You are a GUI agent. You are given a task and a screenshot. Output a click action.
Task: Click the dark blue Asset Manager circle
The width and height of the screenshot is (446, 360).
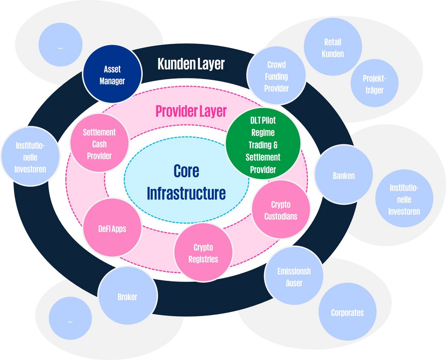tap(112, 74)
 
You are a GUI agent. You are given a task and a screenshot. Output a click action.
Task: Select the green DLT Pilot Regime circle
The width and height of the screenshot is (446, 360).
tap(263, 143)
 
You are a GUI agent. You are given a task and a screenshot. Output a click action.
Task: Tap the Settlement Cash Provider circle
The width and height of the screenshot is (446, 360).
tap(99, 143)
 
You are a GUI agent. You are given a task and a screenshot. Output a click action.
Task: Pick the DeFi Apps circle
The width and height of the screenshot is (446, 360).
tap(112, 227)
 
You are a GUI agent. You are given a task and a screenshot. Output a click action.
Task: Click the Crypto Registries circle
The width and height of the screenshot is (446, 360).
tap(203, 252)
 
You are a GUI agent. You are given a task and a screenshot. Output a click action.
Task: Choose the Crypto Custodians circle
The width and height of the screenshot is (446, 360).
tap(281, 210)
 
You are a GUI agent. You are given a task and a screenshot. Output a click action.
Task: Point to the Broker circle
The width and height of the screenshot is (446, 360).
tap(127, 296)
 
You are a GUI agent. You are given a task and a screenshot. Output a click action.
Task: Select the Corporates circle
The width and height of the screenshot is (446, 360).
tap(348, 312)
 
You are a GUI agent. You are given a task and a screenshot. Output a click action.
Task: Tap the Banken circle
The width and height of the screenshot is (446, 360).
tap(344, 175)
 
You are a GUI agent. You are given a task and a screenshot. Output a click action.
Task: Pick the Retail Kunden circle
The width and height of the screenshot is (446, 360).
tap(333, 47)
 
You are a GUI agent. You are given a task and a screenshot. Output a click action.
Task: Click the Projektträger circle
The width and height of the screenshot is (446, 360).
tap(374, 83)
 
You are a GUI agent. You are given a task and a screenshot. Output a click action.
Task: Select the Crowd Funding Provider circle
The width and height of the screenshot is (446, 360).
tap(276, 75)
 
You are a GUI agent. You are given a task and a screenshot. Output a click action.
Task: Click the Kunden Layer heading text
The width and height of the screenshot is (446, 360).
tap(191, 64)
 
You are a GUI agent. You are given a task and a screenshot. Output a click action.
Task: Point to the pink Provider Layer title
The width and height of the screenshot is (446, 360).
tap(191, 111)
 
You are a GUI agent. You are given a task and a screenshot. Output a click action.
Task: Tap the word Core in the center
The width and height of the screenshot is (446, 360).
tap(186, 171)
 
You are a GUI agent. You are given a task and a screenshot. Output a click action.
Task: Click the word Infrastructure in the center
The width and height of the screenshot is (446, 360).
tap(186, 193)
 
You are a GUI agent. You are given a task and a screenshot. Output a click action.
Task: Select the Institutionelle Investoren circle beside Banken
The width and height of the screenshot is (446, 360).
tap(404, 198)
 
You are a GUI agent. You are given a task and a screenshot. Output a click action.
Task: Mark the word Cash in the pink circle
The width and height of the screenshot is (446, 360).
tap(99, 144)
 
